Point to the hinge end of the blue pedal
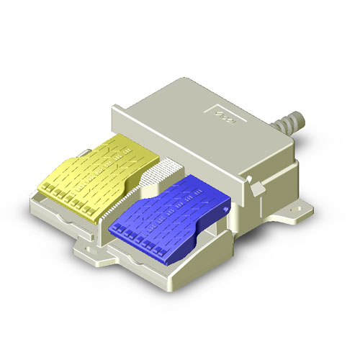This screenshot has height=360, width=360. [x=216, y=194]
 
